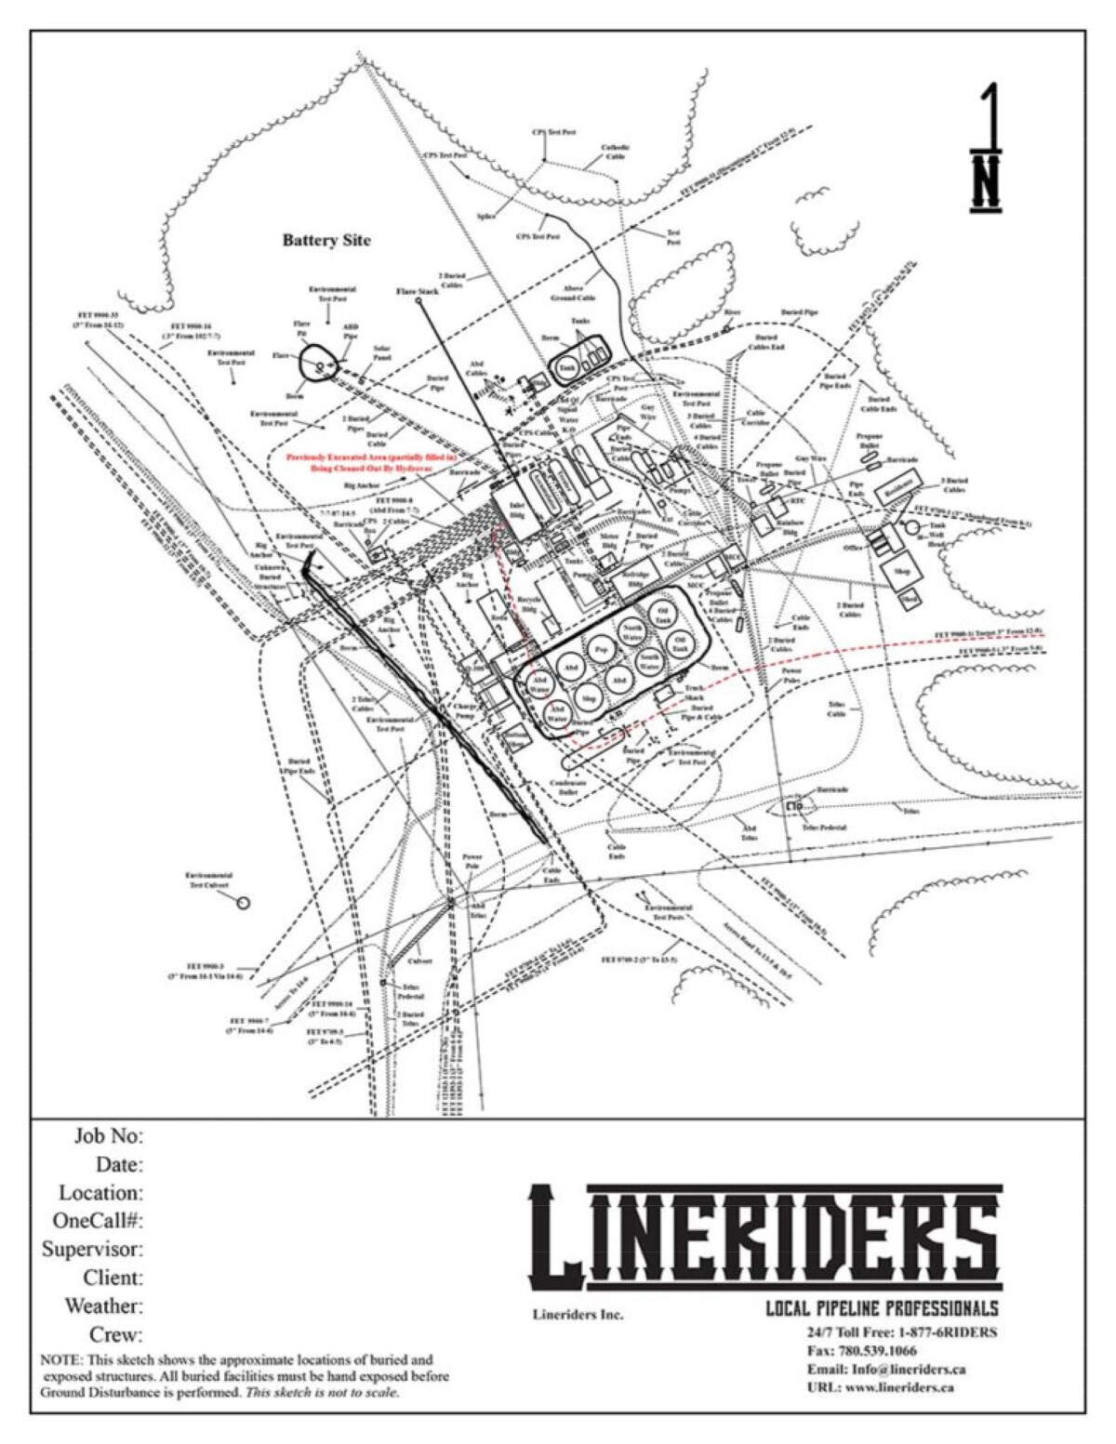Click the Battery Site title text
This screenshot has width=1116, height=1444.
click(326, 240)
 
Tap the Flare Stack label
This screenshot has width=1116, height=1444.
click(417, 292)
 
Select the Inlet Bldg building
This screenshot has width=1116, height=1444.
click(513, 508)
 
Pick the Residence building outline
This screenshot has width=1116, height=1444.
click(898, 487)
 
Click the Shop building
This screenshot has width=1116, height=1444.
click(900, 572)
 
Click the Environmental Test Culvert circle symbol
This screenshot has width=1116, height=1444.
click(243, 902)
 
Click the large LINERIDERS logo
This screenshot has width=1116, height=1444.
click(765, 1232)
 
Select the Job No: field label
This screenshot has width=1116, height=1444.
click(108, 1135)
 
